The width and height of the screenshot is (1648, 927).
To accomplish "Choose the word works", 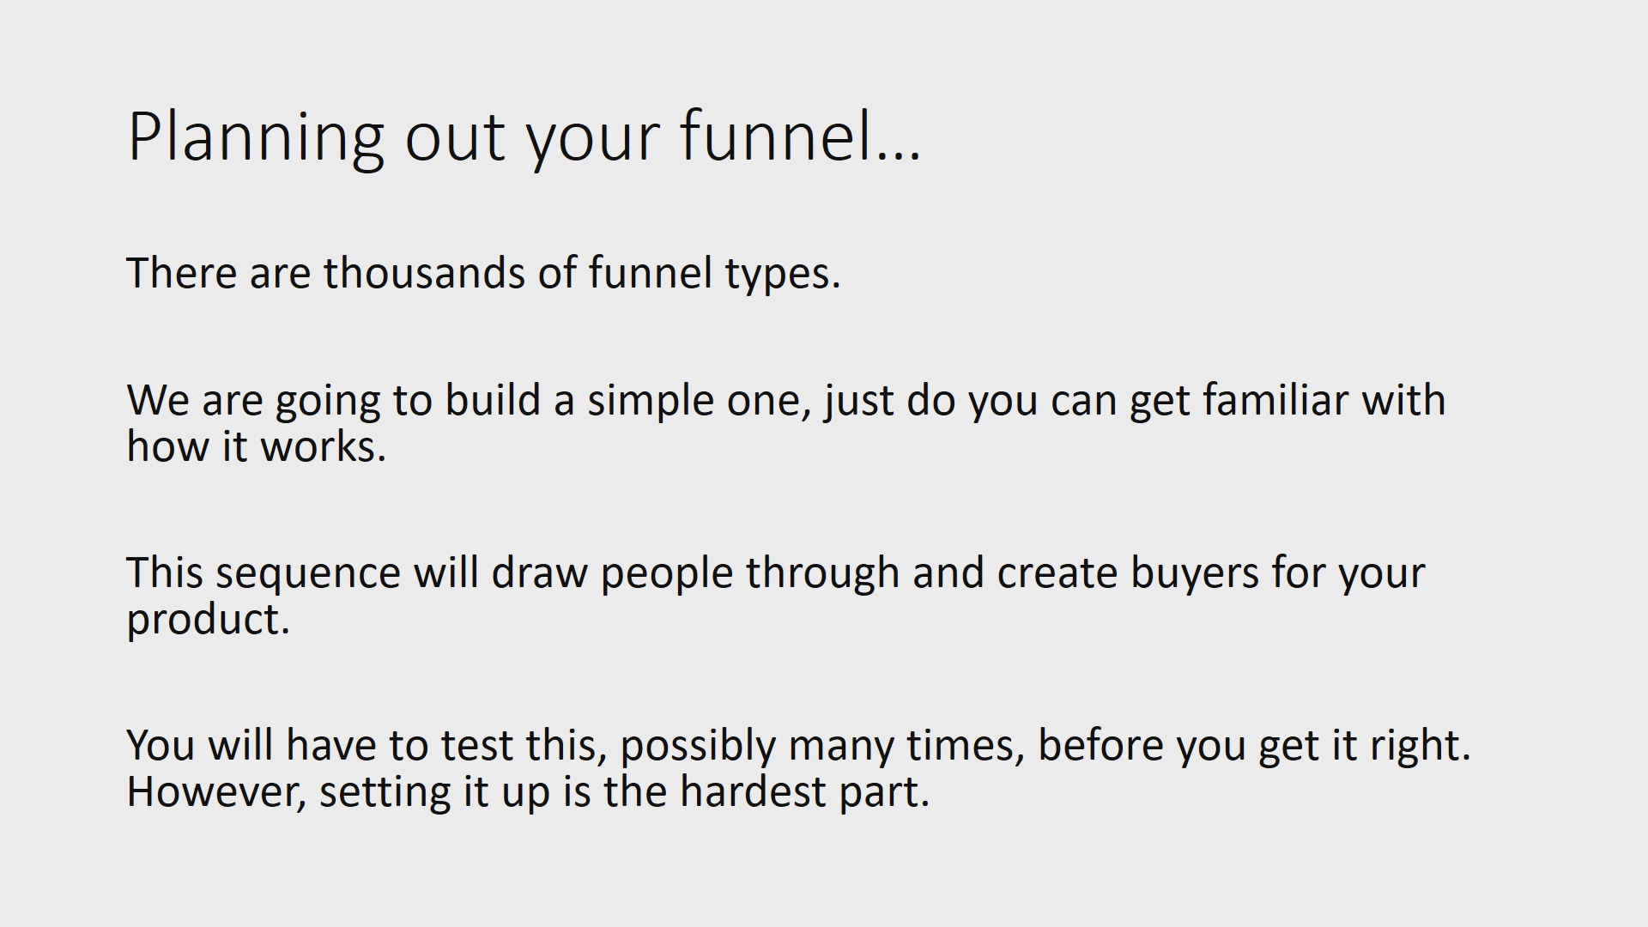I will [323, 446].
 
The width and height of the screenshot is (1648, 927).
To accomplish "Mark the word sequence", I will [307, 573].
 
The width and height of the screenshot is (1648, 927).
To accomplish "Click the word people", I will [666, 573].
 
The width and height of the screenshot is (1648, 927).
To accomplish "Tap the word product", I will [208, 620].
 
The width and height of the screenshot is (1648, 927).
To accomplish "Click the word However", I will [216, 791].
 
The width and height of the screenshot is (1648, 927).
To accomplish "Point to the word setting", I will [385, 791].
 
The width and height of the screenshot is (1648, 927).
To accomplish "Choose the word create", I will [1057, 573].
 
